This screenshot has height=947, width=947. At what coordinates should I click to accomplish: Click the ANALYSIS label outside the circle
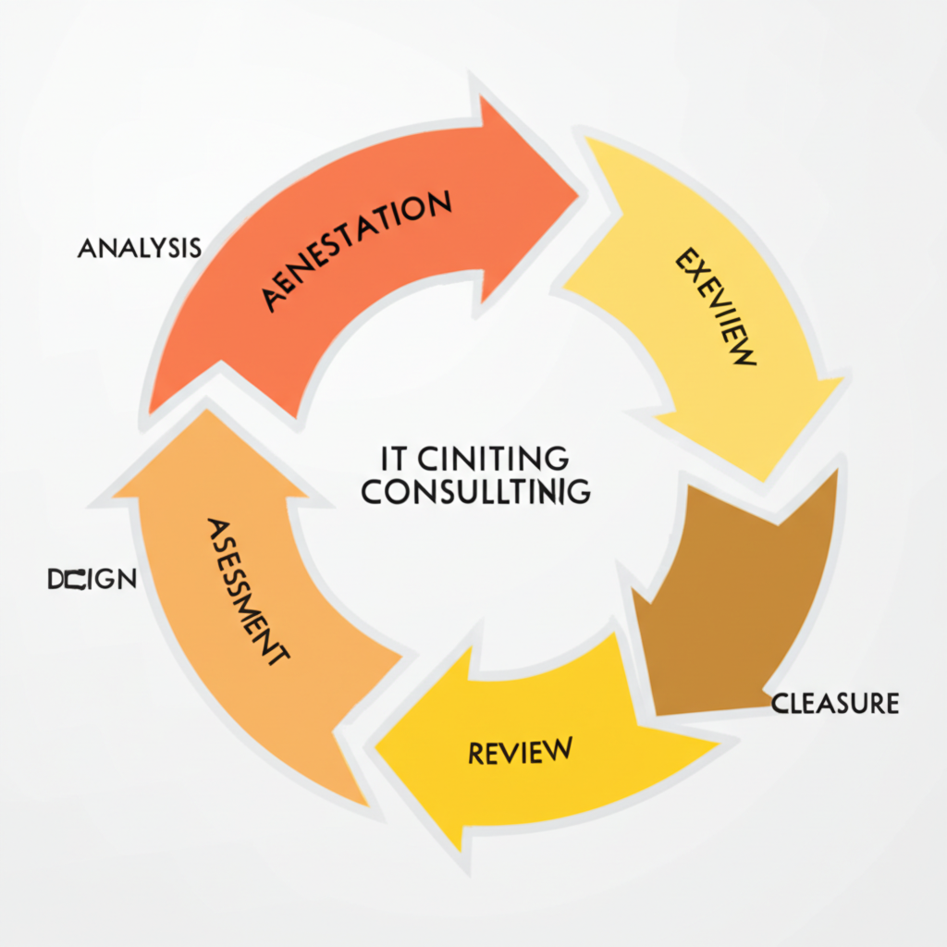(x=140, y=248)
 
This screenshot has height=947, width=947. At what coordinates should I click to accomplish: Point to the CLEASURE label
(x=835, y=704)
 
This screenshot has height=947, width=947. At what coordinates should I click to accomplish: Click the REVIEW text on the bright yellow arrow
(x=520, y=750)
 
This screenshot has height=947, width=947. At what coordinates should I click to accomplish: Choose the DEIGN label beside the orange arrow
(x=92, y=580)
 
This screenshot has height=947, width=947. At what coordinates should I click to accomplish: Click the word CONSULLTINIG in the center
(x=475, y=492)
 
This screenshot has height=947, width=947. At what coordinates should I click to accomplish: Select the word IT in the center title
(x=394, y=458)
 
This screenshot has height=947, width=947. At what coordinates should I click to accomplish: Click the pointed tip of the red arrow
(x=577, y=192)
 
